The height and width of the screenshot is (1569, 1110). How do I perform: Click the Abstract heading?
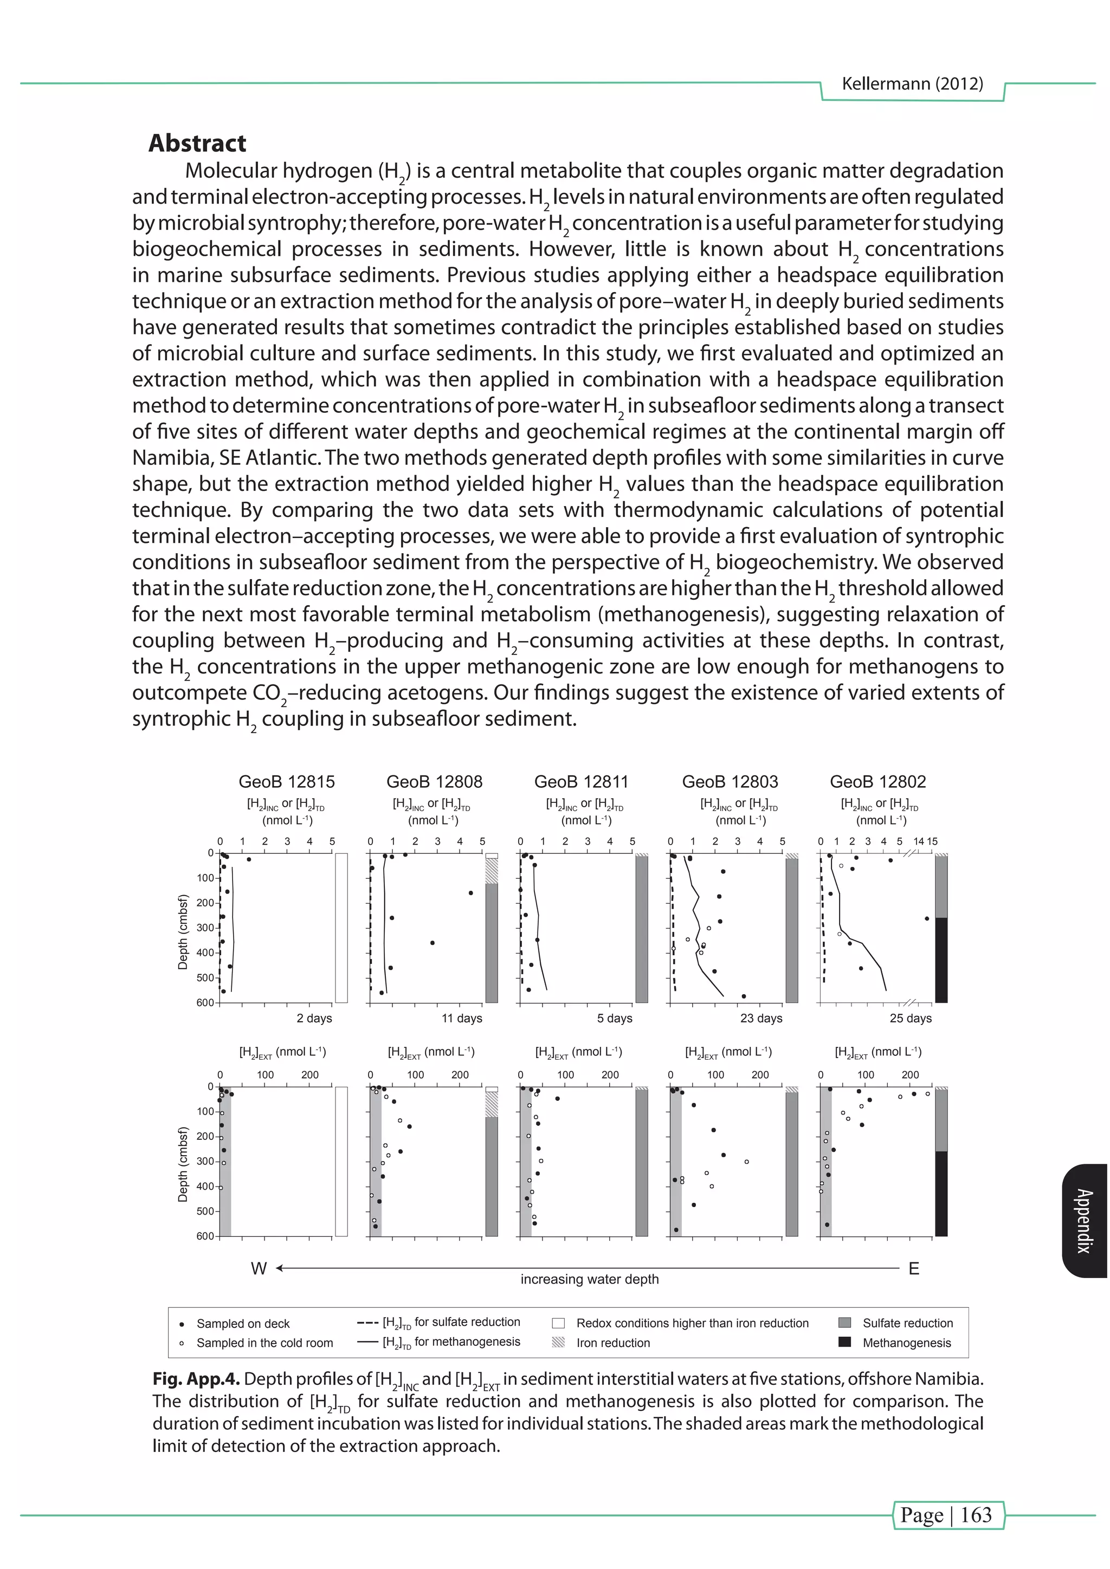197,144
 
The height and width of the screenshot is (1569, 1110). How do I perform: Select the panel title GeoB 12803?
730,782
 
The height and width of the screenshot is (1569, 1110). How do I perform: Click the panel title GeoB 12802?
877,782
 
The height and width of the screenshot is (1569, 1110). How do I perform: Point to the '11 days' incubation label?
461,1018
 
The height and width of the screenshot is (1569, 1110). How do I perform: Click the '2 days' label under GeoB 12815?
314,1018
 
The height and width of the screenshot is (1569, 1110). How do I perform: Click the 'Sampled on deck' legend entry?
243,1324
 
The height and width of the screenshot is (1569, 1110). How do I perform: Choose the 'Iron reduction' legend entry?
612,1343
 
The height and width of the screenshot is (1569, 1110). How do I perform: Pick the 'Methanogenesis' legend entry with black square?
906,1343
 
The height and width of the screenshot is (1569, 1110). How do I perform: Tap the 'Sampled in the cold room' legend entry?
264,1343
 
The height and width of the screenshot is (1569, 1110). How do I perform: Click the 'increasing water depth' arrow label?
589,1279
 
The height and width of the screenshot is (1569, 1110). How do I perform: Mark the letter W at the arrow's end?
259,1269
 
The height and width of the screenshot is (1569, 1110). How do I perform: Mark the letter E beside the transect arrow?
914,1269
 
